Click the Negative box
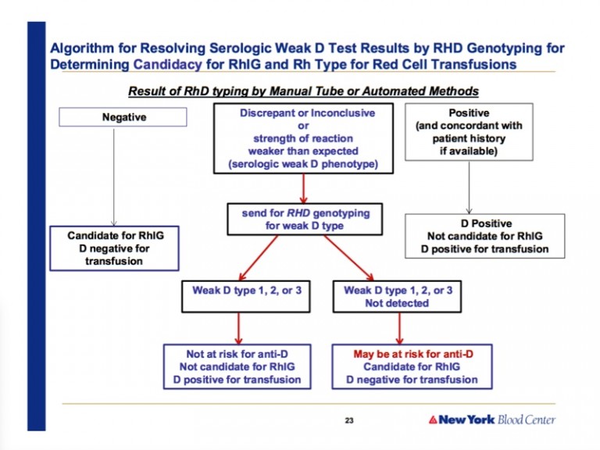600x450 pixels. pos(123,116)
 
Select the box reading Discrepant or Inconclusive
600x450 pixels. pos(303,138)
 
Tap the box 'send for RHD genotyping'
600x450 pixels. pos(305,219)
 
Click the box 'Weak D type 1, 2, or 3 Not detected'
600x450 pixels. pos(397,297)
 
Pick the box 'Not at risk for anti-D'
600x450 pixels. pos(237,366)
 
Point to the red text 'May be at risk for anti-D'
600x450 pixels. pos(413,354)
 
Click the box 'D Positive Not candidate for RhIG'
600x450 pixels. pos(485,236)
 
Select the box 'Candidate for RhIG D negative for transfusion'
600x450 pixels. pos(114,248)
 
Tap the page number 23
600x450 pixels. pos(349,420)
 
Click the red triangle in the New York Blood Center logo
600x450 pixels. pos(433,420)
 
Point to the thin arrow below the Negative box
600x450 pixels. pos(113,177)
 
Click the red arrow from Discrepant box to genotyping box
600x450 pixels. pos(303,188)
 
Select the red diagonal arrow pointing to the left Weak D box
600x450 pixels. pos(259,258)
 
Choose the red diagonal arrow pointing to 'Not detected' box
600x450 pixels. pos(348,258)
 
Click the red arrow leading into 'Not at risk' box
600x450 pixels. pos(239,328)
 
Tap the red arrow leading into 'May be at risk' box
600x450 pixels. pos(399,328)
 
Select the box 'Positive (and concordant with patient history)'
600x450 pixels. pos(469,131)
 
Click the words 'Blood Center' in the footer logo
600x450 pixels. pos(527,420)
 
